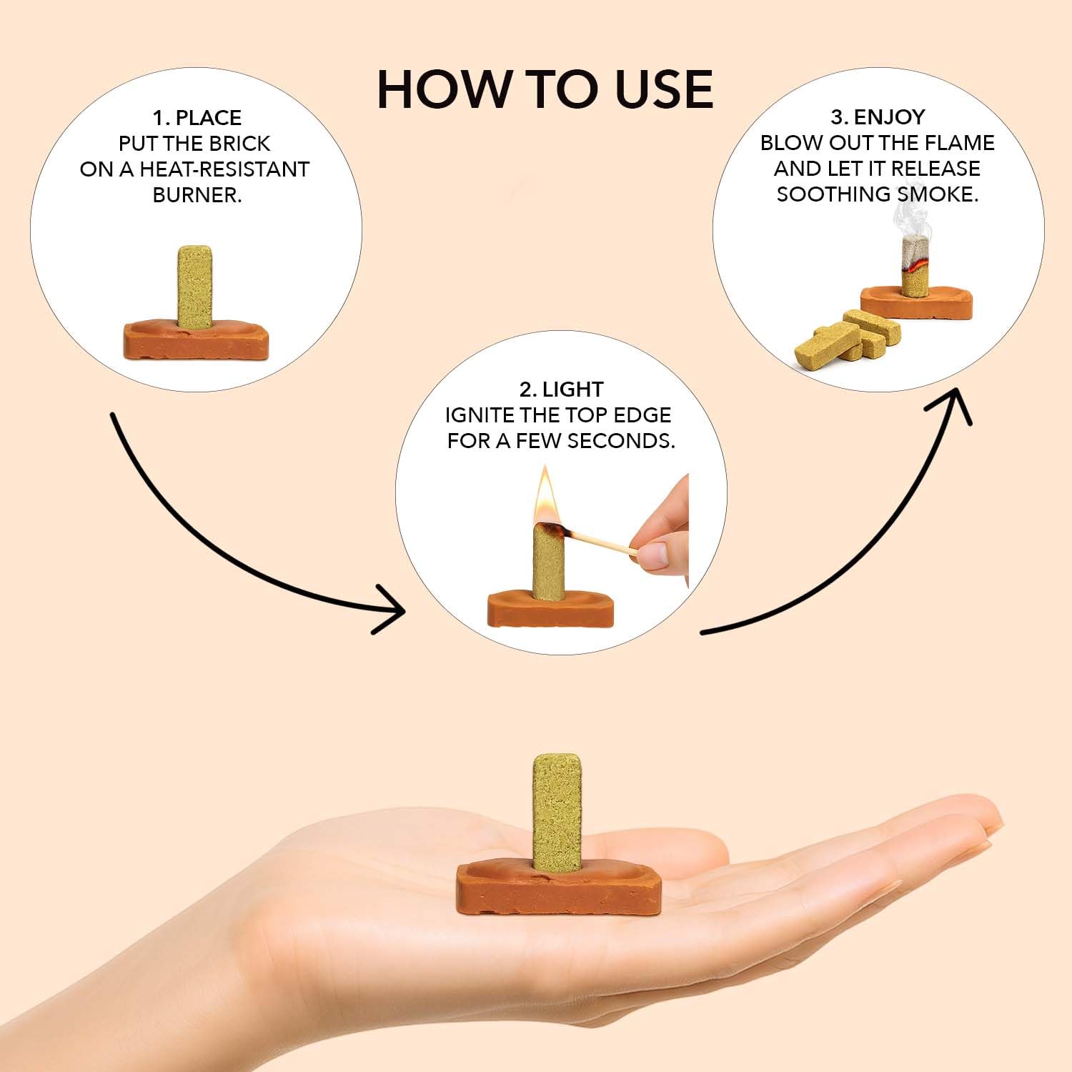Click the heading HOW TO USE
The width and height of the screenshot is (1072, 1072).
tap(545, 89)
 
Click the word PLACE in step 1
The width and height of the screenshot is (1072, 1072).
tap(208, 118)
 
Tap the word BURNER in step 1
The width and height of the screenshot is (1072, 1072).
tap(197, 195)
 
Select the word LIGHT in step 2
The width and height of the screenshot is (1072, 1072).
tap(572, 389)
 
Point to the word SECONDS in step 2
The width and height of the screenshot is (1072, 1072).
tap(621, 441)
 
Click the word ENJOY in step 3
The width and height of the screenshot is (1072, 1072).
tap(889, 116)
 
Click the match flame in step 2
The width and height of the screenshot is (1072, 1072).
tap(547, 494)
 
